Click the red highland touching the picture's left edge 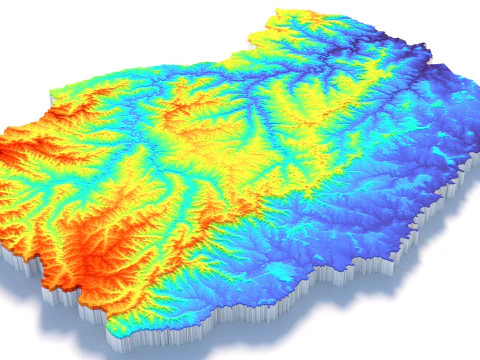(12, 155)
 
